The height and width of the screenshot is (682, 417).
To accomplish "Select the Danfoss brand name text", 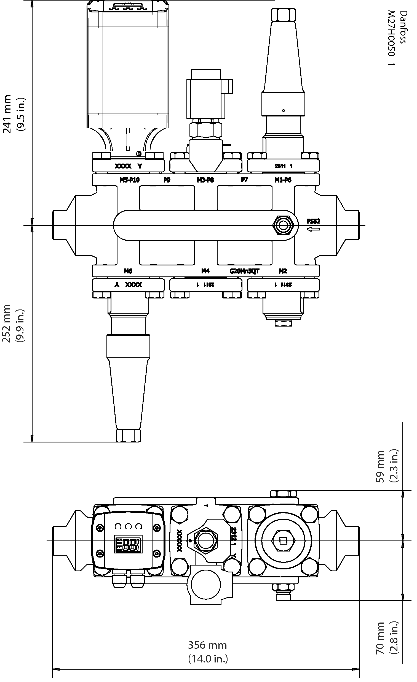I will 404,27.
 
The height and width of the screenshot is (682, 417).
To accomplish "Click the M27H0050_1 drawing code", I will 391,38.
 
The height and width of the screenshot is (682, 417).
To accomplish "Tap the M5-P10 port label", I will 129,180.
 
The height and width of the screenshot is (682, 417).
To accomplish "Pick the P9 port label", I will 167,180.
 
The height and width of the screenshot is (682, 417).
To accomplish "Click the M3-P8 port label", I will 205,180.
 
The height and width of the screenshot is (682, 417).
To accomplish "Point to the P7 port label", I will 244,180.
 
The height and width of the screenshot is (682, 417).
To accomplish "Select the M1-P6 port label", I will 283,180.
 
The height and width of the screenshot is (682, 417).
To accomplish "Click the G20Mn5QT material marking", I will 244,271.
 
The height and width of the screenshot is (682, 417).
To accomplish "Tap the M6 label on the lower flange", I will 128,271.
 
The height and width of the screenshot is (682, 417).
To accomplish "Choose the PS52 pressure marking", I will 313,221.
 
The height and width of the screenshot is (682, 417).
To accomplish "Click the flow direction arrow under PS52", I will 313,229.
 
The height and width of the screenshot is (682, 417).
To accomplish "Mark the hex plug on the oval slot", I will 283,225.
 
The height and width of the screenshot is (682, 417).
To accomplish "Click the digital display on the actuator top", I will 128,544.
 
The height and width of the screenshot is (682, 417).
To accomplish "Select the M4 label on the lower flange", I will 205,271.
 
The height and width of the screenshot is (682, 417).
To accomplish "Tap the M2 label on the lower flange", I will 283,271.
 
